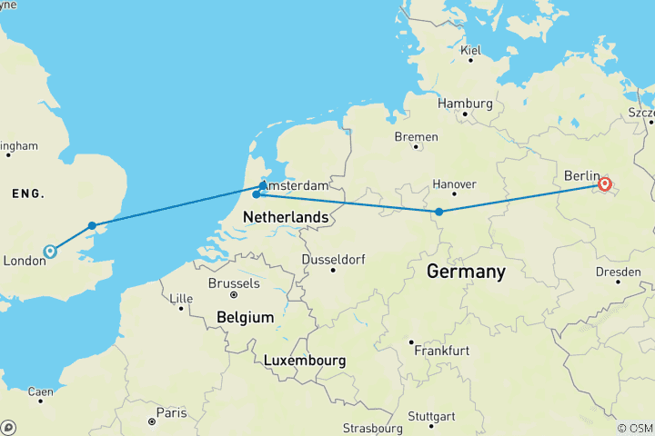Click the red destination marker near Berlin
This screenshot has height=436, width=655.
[x=605, y=185]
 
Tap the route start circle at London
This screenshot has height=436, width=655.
[x=50, y=251]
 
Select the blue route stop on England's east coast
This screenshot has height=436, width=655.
[x=92, y=225]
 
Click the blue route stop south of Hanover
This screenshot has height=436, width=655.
[x=439, y=212]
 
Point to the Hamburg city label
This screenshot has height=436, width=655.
[x=465, y=104]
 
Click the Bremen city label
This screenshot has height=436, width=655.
[x=416, y=137]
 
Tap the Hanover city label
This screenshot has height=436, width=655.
[x=454, y=184]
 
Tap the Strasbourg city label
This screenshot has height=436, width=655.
[x=372, y=428]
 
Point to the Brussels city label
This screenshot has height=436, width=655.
[x=234, y=283]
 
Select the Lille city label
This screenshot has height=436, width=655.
[x=182, y=298]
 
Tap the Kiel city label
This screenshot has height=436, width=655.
[x=470, y=51]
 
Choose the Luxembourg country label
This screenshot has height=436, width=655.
[x=305, y=361]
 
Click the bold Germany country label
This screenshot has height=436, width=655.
[x=466, y=272]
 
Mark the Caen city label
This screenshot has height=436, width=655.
[x=41, y=392]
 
